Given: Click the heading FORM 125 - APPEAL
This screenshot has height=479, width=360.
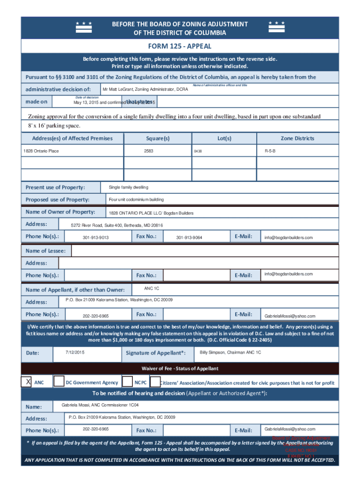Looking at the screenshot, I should pos(180,46).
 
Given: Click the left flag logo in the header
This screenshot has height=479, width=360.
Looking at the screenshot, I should pos(84,28).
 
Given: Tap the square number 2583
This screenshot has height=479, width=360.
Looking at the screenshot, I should pos(149,151).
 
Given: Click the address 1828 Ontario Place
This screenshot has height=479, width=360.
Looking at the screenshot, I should pos(41,151).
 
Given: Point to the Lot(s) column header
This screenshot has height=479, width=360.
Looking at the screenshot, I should pos(224,138).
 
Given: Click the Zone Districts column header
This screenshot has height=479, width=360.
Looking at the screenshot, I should pos(297,138).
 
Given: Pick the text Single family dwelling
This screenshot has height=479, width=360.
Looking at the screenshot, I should pos(129,187).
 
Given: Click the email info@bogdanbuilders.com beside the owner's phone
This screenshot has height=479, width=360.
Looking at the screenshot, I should pos(288,238).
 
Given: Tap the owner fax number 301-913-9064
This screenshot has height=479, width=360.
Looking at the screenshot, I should pos(189,238).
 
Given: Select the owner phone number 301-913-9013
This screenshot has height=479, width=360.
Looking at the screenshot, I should pos(95,238).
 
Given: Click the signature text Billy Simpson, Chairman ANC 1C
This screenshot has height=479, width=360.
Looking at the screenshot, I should pos(230,352).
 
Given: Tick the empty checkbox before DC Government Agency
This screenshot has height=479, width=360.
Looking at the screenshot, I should pos(59,382).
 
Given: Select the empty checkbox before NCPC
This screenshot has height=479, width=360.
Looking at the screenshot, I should pos(127,382).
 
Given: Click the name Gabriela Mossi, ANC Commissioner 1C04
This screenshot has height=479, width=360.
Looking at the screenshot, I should pos(100,404).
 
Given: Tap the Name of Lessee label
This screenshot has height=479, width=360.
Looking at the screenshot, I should pos(46,251).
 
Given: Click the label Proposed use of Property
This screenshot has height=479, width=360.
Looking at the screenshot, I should pos(58,200).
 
